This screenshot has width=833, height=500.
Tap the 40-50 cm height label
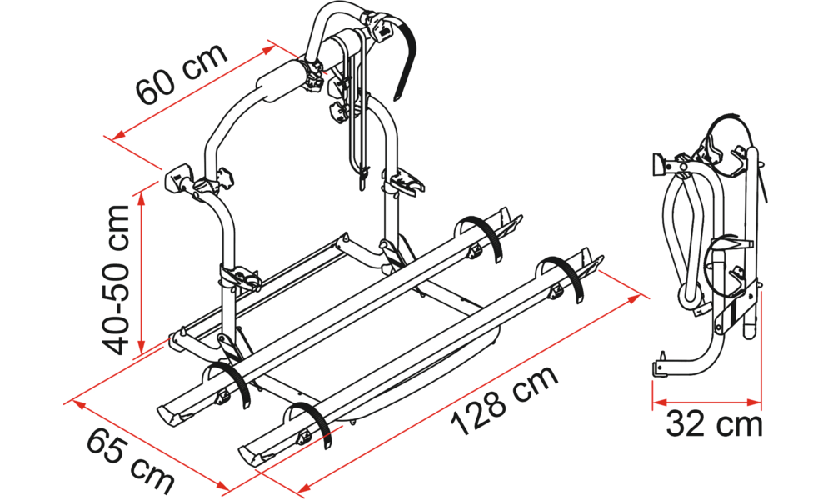(x=116, y=279)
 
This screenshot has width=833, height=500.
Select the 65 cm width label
(x=131, y=461)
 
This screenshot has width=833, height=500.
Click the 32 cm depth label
(x=714, y=424)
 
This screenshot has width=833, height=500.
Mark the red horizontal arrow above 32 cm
(x=706, y=402)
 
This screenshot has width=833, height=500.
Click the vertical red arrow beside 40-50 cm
(x=141, y=271)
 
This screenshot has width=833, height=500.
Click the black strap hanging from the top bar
(x=405, y=58)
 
